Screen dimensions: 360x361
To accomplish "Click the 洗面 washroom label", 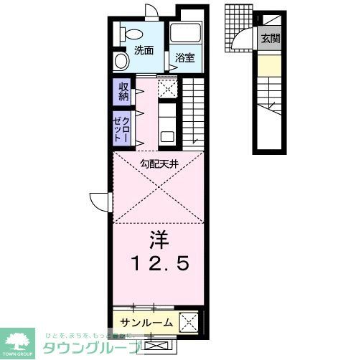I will (x=144, y=51).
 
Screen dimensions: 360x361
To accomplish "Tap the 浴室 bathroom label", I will (x=185, y=58).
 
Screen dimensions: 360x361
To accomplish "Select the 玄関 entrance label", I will (x=270, y=39).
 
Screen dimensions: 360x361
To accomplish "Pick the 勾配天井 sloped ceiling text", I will (x=159, y=164).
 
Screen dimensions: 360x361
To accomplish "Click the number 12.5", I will (x=159, y=264).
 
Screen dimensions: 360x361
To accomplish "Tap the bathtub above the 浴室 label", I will (x=187, y=33).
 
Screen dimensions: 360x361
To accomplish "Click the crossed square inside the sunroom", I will (x=188, y=321).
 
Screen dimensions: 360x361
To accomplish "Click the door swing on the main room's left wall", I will (x=100, y=200).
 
